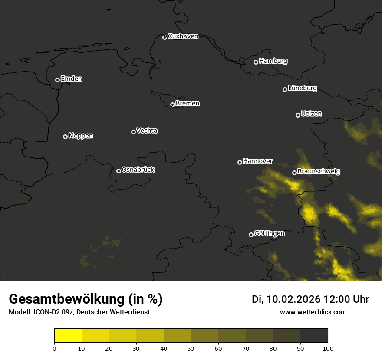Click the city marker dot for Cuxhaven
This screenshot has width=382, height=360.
click(x=165, y=37)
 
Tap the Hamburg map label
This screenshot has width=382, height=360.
click(x=273, y=61)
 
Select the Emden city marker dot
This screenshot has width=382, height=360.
click(x=57, y=80)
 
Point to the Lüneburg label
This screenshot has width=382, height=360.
click(x=302, y=88)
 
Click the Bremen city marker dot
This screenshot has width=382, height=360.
click(x=172, y=105)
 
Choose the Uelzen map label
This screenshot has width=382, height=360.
click(x=311, y=114)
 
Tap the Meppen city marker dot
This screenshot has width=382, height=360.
click(x=65, y=137)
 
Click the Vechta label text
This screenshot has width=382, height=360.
click(x=147, y=131)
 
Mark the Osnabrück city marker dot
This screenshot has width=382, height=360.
click(x=119, y=171)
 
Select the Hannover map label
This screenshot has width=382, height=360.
click(x=258, y=161)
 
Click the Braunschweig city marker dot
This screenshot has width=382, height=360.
click(x=294, y=173)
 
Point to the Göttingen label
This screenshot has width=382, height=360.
click(x=269, y=234)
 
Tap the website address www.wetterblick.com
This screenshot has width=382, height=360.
click(x=313, y=312)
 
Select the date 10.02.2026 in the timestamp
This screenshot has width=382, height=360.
click(x=293, y=300)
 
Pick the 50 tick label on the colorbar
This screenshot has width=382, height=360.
click(x=191, y=348)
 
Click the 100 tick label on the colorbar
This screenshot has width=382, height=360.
click(x=328, y=348)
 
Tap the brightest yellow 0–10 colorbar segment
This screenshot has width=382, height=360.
click(x=68, y=336)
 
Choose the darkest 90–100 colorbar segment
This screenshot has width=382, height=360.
click(x=314, y=336)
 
